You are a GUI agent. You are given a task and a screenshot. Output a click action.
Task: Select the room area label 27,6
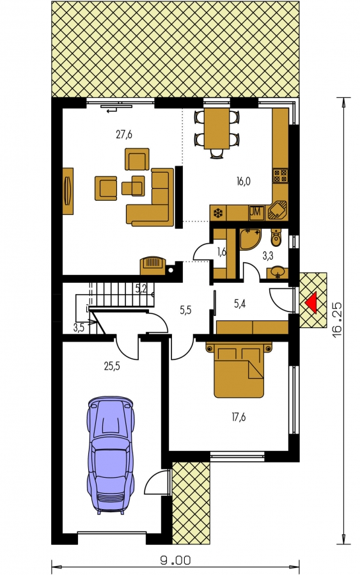(x=124, y=134)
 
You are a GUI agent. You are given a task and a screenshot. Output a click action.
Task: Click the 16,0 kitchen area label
(x=244, y=181)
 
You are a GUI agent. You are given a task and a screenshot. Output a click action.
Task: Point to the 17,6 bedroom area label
(x=239, y=417)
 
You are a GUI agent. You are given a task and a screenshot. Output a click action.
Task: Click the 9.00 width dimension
(x=175, y=560)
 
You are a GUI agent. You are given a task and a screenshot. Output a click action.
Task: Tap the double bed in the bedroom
(x=239, y=370)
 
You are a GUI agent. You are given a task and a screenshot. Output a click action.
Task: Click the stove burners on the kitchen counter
(x=281, y=176)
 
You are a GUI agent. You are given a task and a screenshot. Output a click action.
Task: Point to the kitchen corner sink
(x=278, y=210)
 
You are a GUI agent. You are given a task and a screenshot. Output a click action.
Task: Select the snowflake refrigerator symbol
(x=218, y=214)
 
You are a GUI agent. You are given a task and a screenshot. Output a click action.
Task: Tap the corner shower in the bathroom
(x=250, y=239)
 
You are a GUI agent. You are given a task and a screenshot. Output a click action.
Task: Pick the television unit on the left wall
(x=68, y=191)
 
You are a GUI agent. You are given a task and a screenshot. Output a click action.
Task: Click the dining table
(x=217, y=129)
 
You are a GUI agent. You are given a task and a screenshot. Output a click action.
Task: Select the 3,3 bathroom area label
(x=268, y=256)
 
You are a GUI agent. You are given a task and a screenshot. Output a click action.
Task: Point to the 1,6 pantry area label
(x=221, y=251)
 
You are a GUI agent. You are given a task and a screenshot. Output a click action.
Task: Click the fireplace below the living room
(x=153, y=265)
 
